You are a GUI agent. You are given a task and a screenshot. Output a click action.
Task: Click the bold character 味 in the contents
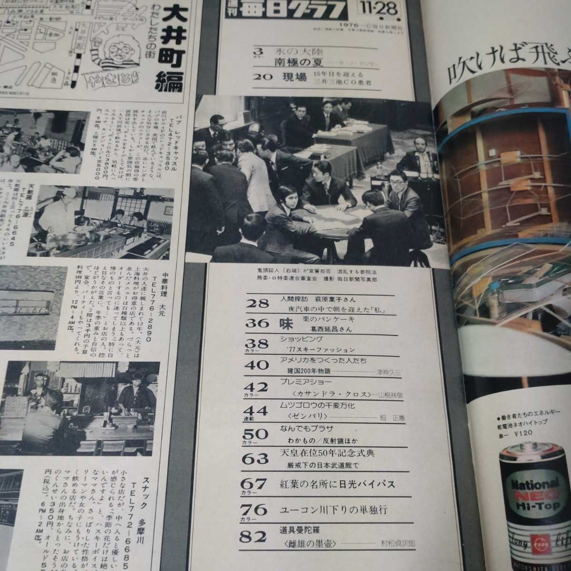(285, 324)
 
